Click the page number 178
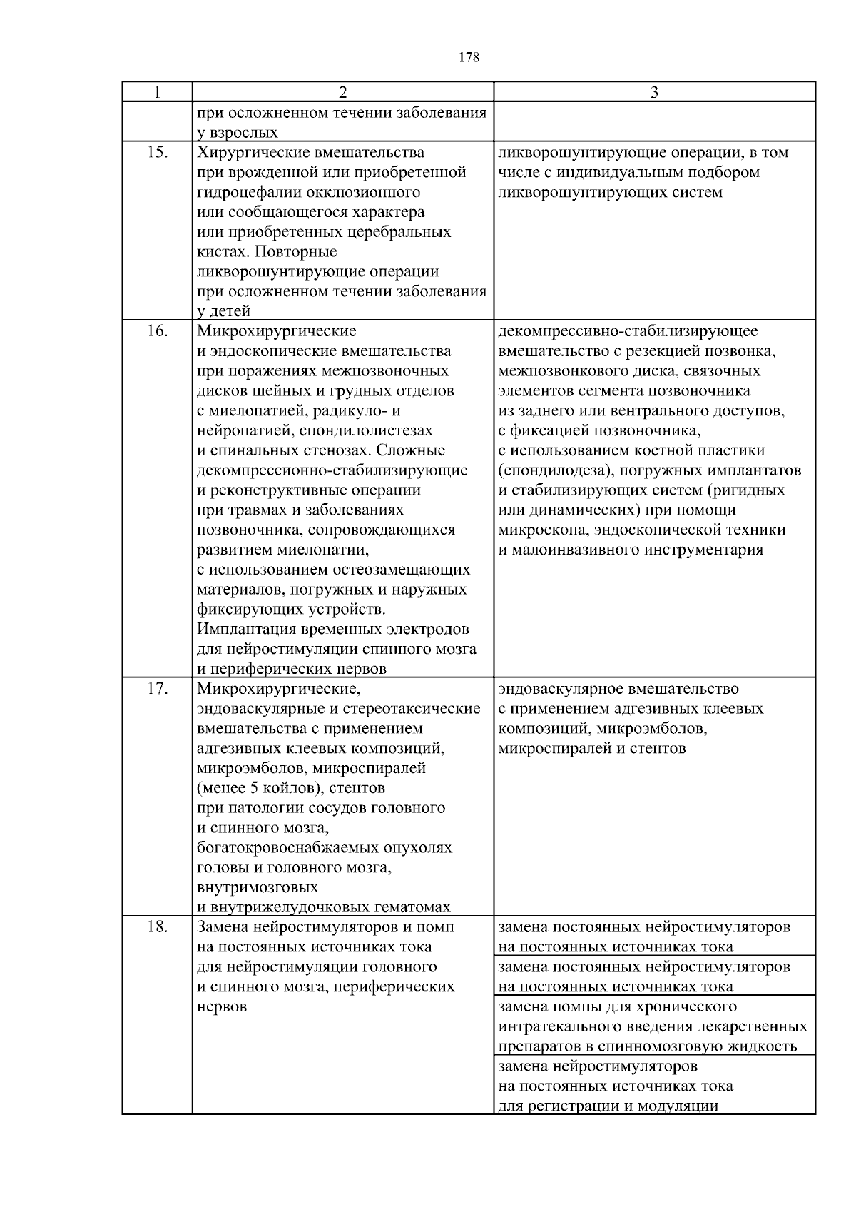coord(469,58)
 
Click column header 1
coord(157,91)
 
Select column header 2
coord(343,91)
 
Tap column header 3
coord(654,91)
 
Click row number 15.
coord(158,152)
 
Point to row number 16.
coord(158,331)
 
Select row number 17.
coord(158,689)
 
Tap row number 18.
coord(158,927)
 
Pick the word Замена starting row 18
coord(221,927)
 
